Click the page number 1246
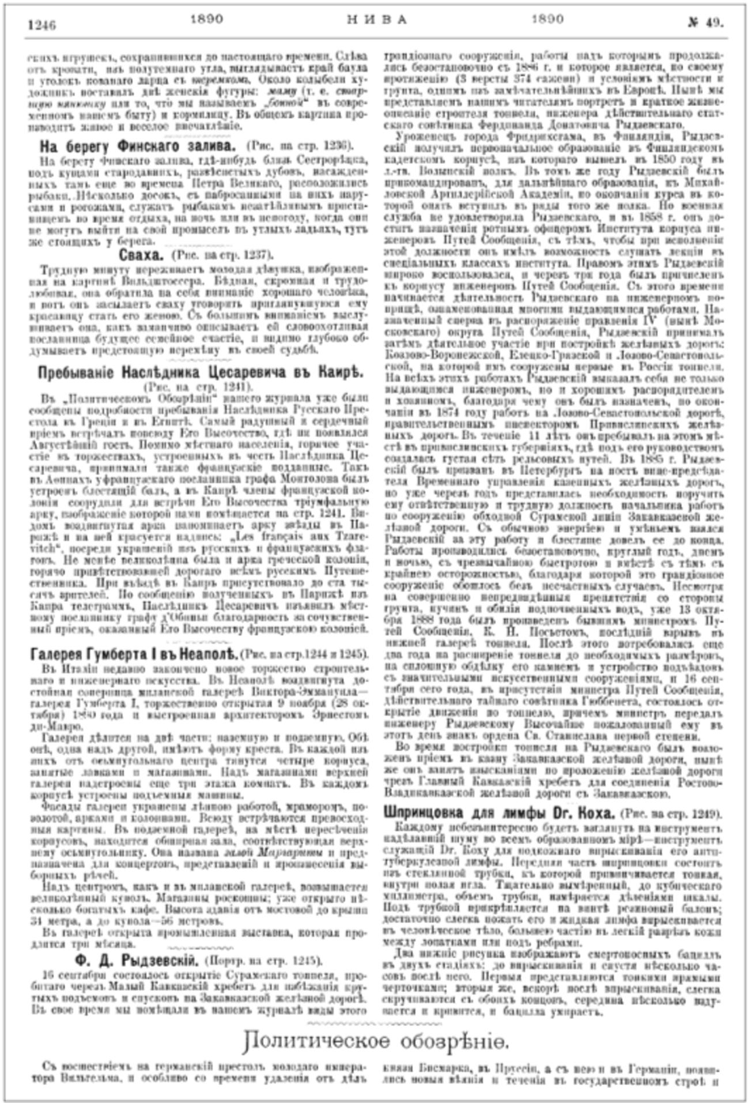[x=41, y=24]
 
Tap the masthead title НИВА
[x=377, y=20]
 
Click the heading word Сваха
[x=142, y=255]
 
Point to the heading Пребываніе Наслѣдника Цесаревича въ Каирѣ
[x=201, y=372]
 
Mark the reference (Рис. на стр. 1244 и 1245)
[x=303, y=655]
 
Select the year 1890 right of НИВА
[x=547, y=20]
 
